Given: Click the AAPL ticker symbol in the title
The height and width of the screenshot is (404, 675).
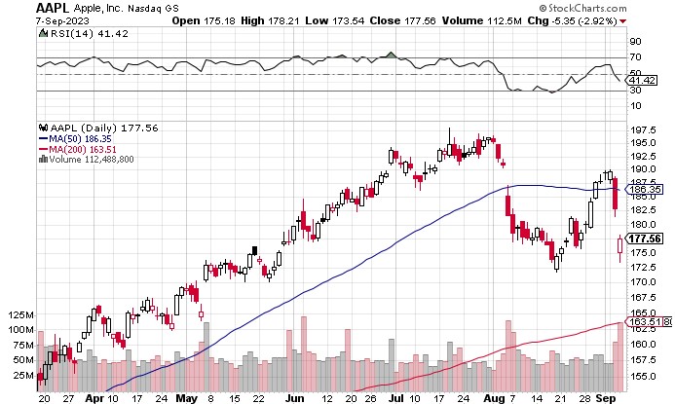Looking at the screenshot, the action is (x=53, y=8).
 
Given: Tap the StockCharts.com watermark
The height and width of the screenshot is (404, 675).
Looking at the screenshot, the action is (x=582, y=8).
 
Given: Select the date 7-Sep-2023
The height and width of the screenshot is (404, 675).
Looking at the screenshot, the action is (x=62, y=20).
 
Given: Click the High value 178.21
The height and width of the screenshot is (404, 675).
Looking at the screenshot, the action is (x=283, y=20).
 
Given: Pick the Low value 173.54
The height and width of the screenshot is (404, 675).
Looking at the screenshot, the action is (x=348, y=20).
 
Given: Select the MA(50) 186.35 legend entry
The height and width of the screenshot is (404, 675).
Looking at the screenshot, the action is (x=75, y=139).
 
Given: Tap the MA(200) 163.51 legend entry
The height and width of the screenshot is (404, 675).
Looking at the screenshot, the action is (x=78, y=149).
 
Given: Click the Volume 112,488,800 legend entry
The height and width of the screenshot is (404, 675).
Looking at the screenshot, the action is (x=87, y=160).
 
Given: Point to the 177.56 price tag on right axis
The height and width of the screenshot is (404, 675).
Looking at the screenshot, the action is (x=644, y=239).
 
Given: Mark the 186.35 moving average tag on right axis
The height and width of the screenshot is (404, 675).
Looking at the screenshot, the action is (x=644, y=189).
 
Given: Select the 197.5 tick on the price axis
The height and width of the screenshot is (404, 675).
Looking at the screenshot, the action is (x=643, y=129).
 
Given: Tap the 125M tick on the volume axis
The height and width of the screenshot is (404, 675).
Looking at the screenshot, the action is (x=20, y=315).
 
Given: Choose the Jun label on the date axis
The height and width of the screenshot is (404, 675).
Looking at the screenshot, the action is (x=294, y=398).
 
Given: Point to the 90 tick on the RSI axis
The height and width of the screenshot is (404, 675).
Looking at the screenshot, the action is (x=635, y=41).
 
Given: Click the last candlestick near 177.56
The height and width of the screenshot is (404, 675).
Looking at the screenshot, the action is (x=619, y=246).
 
